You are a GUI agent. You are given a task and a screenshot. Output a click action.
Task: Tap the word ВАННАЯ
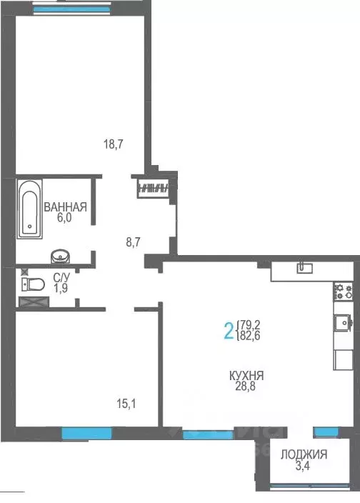pyautogui.click(x=65, y=208)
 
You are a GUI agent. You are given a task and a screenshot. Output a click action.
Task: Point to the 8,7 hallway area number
pyautogui.click(x=132, y=242)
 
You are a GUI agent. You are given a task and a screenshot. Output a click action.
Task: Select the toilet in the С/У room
pyautogui.click(x=31, y=284)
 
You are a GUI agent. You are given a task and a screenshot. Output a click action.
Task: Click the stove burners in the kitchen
pyautogui.click(x=344, y=291)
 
